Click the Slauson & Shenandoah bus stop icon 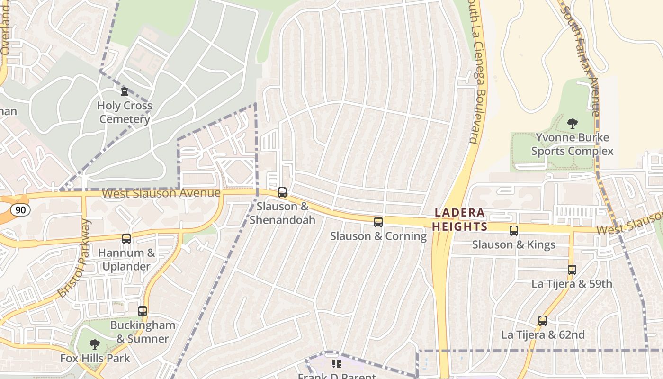coord(282,192)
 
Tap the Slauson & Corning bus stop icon coord(378,222)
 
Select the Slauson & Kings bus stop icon coord(514,231)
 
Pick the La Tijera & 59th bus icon coord(572,270)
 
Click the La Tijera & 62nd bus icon coord(543,321)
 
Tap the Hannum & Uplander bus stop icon coord(126,239)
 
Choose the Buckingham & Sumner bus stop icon coord(143,311)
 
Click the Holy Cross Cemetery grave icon coord(125,91)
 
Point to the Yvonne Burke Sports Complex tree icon coord(572,124)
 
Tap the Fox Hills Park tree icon coord(95,344)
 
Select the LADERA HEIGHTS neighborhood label coord(460,219)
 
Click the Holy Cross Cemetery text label coord(125,112)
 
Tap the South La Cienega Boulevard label coord(474,71)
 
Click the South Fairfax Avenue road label coord(581,57)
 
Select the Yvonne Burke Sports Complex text coord(572,144)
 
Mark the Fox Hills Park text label coord(95,358)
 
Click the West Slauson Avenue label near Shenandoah coord(161,193)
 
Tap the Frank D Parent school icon coord(337,364)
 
